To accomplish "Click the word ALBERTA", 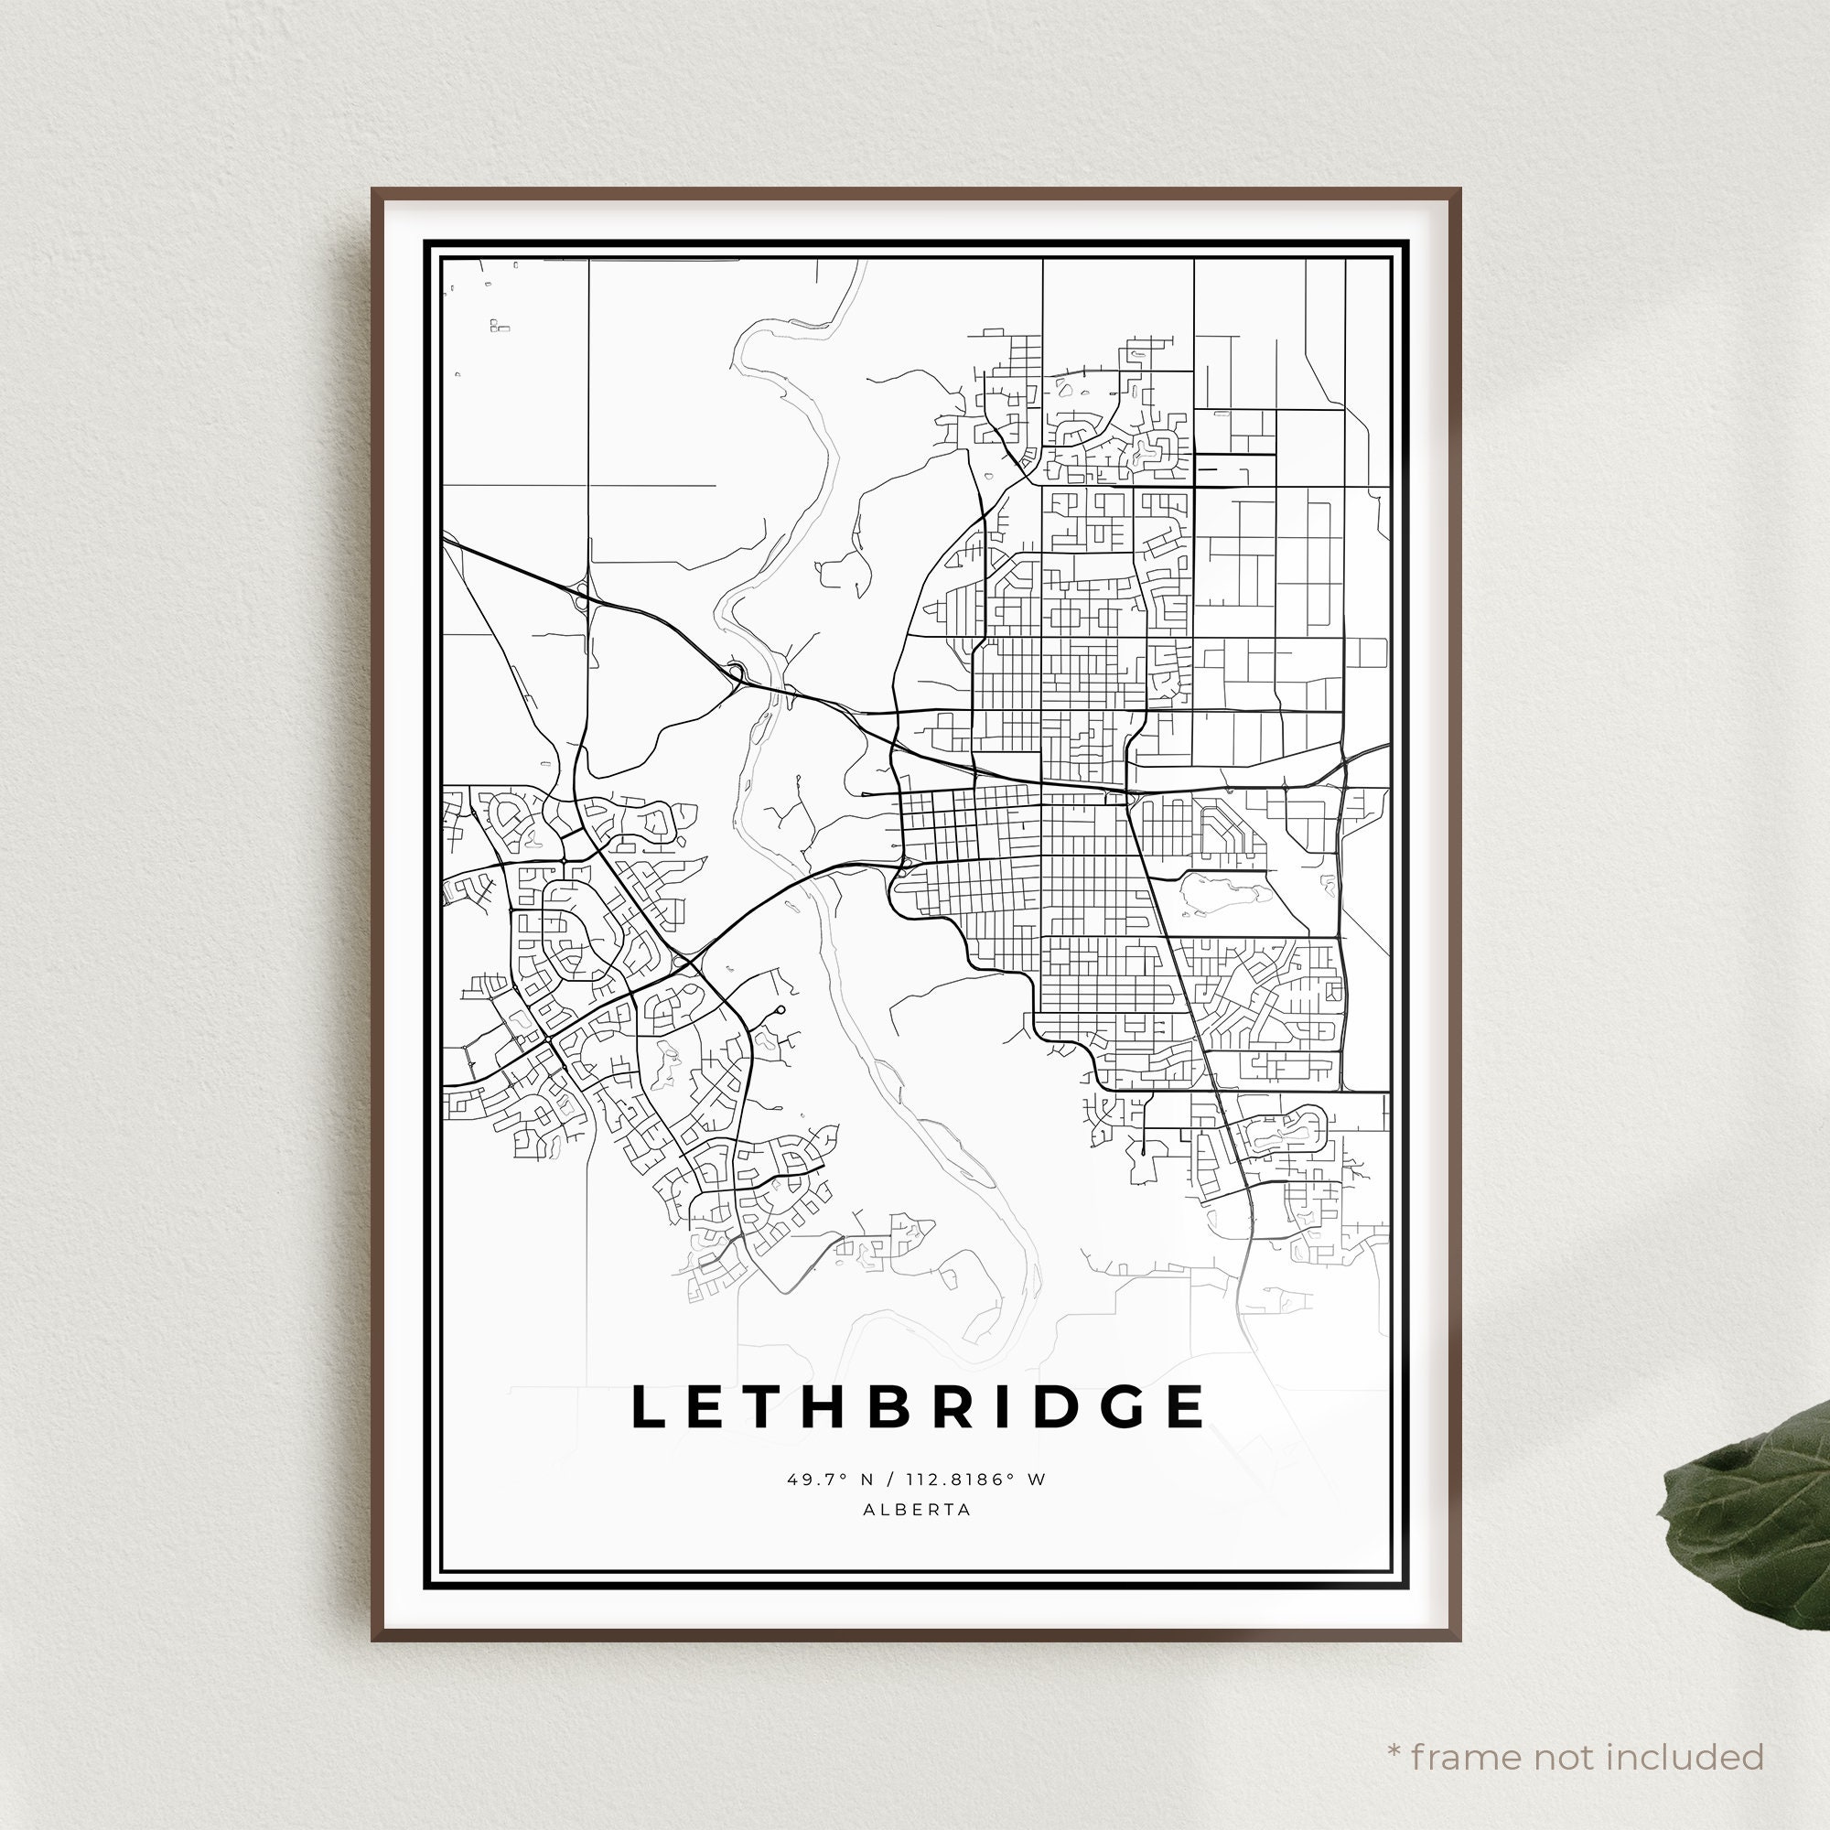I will click(x=916, y=1510).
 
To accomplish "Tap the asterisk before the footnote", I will click(x=1394, y=1724).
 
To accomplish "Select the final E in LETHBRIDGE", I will click(x=1185, y=1406).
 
